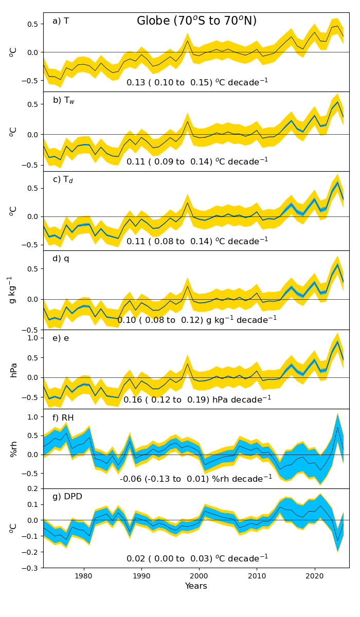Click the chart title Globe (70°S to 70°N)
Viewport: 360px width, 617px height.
point(196,21)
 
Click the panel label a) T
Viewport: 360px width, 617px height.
point(61,21)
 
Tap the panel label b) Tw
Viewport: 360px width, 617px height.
point(64,100)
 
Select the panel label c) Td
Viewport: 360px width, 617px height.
point(63,179)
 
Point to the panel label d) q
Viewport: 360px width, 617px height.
point(61,259)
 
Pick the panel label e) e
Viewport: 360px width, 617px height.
point(61,338)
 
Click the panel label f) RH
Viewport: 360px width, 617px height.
point(63,418)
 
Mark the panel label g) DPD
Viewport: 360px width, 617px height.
point(67,497)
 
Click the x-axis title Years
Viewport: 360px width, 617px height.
point(196,586)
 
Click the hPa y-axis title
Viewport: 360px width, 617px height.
point(14,370)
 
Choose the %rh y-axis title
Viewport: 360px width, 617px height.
point(14,449)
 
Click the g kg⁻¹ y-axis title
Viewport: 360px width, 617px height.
point(11,290)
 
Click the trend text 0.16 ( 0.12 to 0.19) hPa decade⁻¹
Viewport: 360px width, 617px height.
point(197,399)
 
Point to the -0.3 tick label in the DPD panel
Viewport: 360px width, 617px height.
point(30,568)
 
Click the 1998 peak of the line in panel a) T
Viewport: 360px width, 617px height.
point(188,41)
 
